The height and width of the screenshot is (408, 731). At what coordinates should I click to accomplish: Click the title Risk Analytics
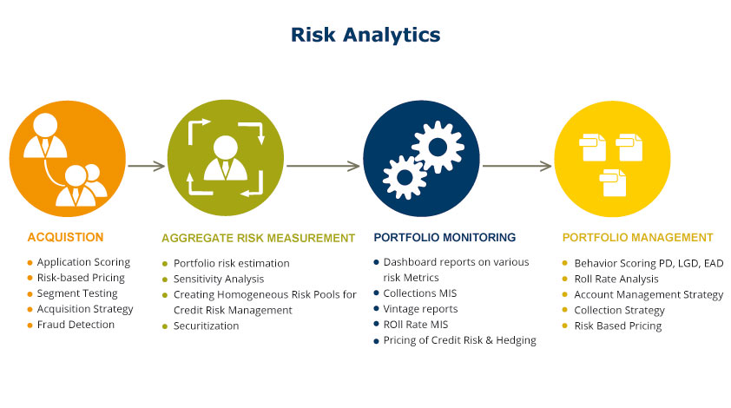click(x=365, y=35)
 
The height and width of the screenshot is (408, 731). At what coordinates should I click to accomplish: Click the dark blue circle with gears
click(x=420, y=162)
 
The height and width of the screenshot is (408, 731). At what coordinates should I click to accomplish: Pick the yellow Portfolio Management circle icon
click(x=613, y=162)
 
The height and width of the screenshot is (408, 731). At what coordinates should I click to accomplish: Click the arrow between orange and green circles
click(x=146, y=165)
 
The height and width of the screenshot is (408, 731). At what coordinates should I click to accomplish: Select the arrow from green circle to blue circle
click(x=322, y=165)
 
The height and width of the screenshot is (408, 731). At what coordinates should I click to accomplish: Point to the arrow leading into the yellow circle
click(x=517, y=165)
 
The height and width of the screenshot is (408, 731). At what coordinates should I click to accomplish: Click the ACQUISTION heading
click(x=65, y=237)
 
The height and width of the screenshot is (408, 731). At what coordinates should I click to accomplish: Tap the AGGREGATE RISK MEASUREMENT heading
click(x=258, y=238)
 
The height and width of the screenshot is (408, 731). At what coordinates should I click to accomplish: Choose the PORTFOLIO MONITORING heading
click(x=445, y=237)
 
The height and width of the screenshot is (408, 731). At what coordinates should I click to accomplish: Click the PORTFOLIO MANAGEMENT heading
click(x=637, y=237)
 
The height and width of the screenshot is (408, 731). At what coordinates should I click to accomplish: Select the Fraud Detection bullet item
click(x=76, y=325)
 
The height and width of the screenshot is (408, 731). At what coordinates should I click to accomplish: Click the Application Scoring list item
click(x=83, y=262)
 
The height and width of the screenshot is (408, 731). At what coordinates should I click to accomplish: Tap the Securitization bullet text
click(x=206, y=326)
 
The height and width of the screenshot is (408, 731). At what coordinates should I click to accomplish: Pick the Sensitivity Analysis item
click(x=219, y=279)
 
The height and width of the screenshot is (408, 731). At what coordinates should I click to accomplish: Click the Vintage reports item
click(x=420, y=309)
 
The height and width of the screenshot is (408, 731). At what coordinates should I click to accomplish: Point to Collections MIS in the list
click(x=421, y=293)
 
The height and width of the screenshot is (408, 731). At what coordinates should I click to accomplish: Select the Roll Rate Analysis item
click(x=616, y=279)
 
